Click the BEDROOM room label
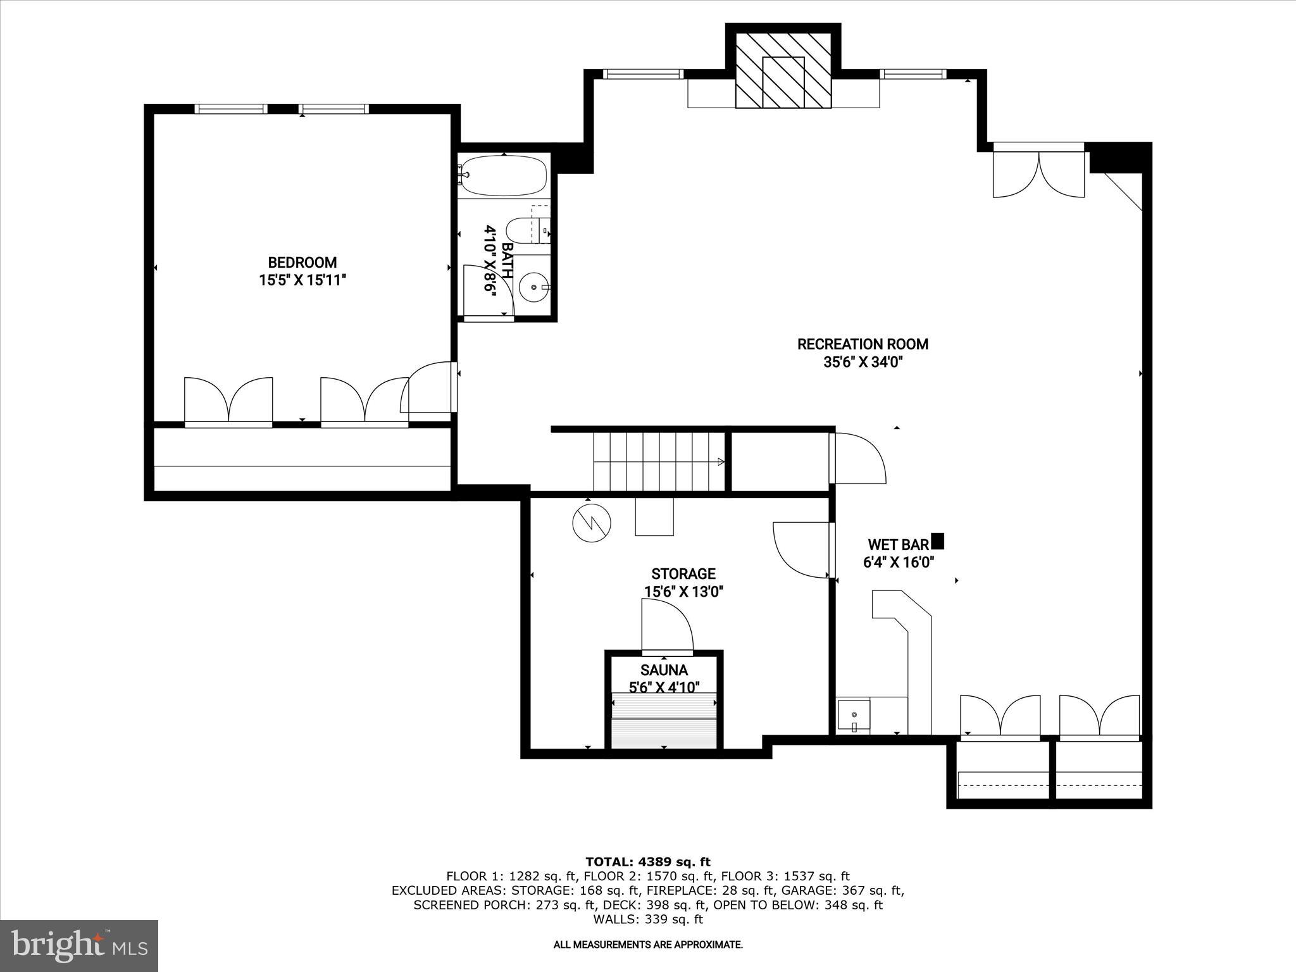click(x=302, y=262)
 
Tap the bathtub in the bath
click(x=504, y=175)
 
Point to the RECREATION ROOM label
click(x=863, y=344)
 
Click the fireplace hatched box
click(x=783, y=70)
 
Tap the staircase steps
click(x=658, y=461)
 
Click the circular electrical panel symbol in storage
click(x=592, y=522)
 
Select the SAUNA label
click(x=663, y=670)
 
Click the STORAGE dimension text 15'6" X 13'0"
click(x=683, y=592)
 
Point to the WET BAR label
click(x=897, y=544)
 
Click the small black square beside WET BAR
click(x=938, y=541)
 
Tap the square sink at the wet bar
click(x=853, y=716)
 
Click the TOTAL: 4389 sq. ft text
click(x=647, y=861)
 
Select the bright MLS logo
click(x=79, y=946)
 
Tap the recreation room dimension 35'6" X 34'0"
click(x=863, y=363)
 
